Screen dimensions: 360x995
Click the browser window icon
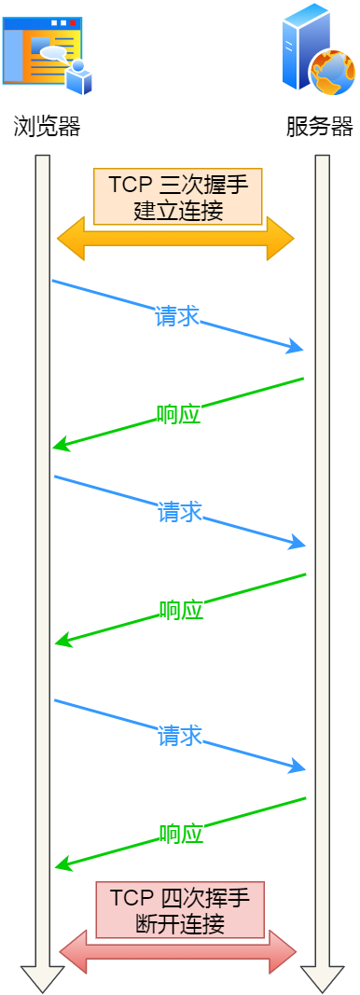tap(47, 52)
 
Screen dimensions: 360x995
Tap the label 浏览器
tap(48, 127)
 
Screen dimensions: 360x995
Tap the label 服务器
tap(320, 127)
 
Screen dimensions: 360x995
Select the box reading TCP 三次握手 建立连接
tap(178, 196)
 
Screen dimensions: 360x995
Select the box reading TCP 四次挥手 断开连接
tap(180, 910)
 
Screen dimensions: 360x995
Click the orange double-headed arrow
tap(175, 240)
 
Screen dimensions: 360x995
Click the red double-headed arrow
tap(177, 952)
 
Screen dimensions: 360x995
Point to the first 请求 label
tap(177, 316)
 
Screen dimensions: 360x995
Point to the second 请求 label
tap(179, 512)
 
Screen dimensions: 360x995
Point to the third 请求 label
tap(180, 736)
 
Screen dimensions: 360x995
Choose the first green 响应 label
tap(178, 414)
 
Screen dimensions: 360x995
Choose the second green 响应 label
tap(180, 611)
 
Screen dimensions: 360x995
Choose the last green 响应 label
tap(180, 834)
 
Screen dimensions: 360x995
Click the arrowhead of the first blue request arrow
tap(298, 349)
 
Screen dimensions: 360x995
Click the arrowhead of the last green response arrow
tap(62, 867)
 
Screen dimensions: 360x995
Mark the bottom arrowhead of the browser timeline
tap(42, 979)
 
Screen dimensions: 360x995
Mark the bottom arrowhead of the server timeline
tap(322, 979)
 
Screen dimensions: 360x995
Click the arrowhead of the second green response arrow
tap(62, 642)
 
